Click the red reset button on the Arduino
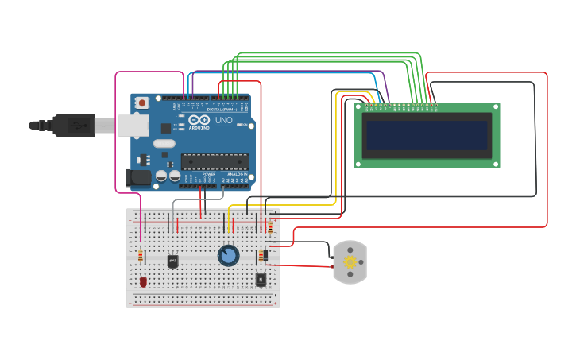pyautogui.click(x=142, y=103)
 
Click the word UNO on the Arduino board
pyautogui.click(x=223, y=121)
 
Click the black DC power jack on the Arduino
pyautogui.click(x=138, y=179)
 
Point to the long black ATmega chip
pyautogui.click(x=215, y=161)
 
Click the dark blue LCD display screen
pyautogui.click(x=427, y=135)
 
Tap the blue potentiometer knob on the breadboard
pyautogui.click(x=228, y=255)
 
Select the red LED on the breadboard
pyautogui.click(x=143, y=281)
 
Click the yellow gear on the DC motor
pyautogui.click(x=349, y=262)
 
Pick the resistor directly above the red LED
pyautogui.click(x=141, y=256)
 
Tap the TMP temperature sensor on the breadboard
pyautogui.click(x=172, y=261)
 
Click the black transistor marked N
pyautogui.click(x=261, y=279)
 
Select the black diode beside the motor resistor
pyautogui.click(x=265, y=256)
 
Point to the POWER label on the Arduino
pyautogui.click(x=208, y=173)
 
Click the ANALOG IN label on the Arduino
pyautogui.click(x=238, y=173)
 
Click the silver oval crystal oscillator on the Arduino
pyautogui.click(x=164, y=144)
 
